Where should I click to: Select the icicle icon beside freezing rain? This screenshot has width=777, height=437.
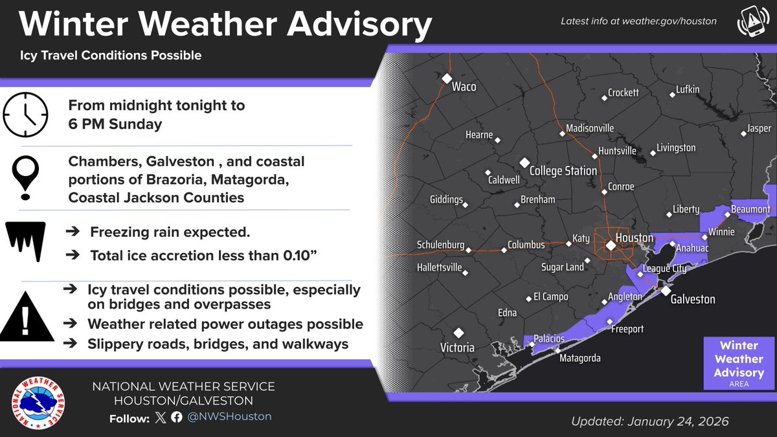click(x=26, y=241)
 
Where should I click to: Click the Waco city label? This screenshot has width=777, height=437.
click(x=464, y=86)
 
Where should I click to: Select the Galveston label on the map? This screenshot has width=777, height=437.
click(x=692, y=299)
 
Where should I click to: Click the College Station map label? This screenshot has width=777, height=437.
click(x=563, y=171)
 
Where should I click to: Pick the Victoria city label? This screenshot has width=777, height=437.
click(x=457, y=347)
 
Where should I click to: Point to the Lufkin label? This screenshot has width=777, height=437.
click(x=688, y=89)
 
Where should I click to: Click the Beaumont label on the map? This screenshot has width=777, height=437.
click(x=750, y=210)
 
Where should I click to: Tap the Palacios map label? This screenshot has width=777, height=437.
click(x=550, y=339)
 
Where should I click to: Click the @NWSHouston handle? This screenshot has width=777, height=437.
click(x=229, y=416)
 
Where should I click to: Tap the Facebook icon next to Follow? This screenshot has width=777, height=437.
click(x=177, y=417)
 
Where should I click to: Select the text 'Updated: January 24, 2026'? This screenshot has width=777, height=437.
click(x=649, y=421)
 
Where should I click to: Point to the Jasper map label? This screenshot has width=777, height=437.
click(x=759, y=129)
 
